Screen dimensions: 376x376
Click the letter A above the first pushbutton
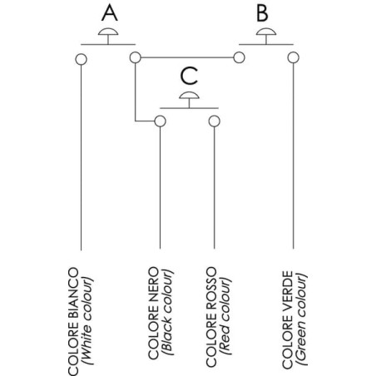(x=110, y=13)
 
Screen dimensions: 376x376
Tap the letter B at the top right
(x=262, y=13)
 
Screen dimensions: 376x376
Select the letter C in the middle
(x=189, y=76)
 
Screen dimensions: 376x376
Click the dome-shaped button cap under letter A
(x=108, y=32)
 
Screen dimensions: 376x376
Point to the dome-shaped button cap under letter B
(x=266, y=32)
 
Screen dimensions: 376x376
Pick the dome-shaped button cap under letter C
(x=189, y=95)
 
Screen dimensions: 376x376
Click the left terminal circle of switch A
(x=81, y=59)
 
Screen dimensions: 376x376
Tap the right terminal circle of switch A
(x=136, y=57)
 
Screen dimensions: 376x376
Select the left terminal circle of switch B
(x=239, y=57)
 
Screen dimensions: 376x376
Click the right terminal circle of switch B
(x=294, y=57)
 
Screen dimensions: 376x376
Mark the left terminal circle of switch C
(x=160, y=121)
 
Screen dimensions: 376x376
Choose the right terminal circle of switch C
(x=215, y=121)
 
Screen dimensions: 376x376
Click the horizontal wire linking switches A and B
(x=187, y=57)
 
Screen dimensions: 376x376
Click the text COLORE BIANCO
(x=73, y=322)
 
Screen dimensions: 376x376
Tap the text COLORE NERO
(x=154, y=313)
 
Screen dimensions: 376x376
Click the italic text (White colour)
(x=87, y=320)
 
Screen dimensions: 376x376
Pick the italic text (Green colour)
(x=301, y=319)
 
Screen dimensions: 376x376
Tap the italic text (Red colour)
(x=225, y=316)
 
